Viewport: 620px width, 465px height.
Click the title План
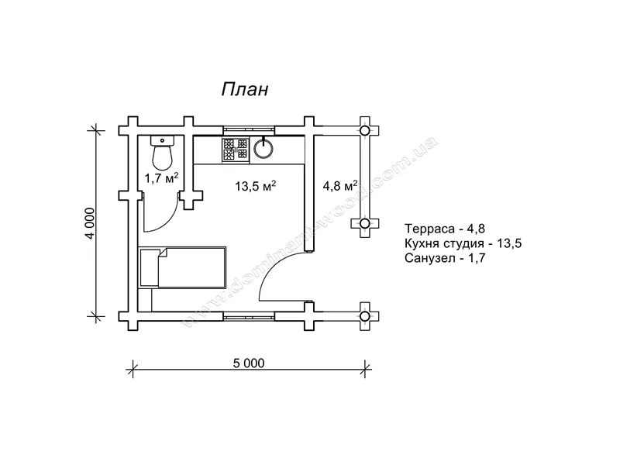(x=244, y=89)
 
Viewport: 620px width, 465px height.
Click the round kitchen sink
(x=263, y=148)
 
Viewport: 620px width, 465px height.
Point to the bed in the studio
(x=182, y=267)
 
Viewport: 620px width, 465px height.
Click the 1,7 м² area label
(x=161, y=178)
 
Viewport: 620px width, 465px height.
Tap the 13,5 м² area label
(x=256, y=185)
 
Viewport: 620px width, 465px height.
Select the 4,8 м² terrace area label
(x=340, y=185)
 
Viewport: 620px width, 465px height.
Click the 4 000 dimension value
(x=91, y=223)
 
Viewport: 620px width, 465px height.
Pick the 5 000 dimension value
(x=249, y=363)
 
